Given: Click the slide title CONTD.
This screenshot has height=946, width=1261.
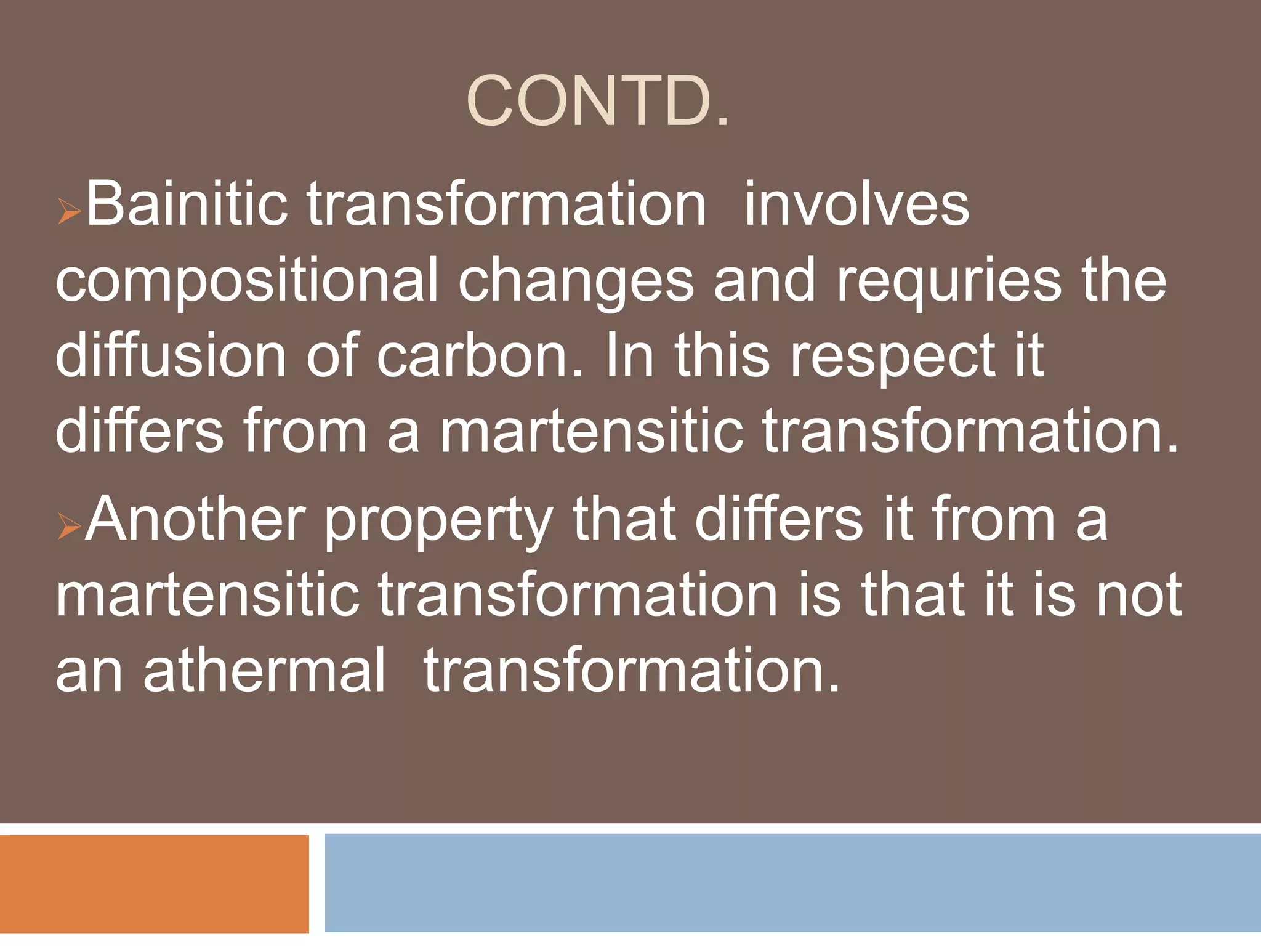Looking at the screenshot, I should (597, 102).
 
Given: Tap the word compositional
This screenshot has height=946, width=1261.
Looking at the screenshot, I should (246, 280).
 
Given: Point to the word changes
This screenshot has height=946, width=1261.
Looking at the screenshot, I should (576, 280).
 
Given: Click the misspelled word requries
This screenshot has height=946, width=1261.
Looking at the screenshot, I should (949, 280).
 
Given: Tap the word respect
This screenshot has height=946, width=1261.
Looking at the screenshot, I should (893, 356).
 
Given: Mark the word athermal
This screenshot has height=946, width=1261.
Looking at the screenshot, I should (264, 669).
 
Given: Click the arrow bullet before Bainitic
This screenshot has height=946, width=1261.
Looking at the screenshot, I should (68, 212).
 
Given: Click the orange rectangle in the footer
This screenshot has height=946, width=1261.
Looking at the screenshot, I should (154, 884).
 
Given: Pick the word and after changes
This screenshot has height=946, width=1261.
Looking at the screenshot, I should (764, 280).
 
